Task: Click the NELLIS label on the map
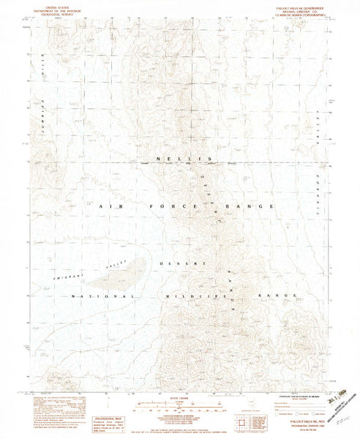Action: (180, 159)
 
